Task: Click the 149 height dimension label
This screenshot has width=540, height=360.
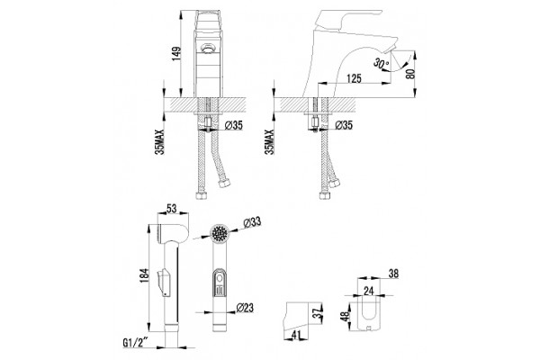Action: point(176,54)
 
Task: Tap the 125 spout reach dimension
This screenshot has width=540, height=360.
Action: point(354,78)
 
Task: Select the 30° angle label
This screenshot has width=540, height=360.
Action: point(382,63)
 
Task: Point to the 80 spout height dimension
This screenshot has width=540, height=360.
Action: point(410,74)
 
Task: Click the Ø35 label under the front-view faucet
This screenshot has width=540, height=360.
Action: point(234,126)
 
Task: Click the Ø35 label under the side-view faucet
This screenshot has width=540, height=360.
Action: point(344,125)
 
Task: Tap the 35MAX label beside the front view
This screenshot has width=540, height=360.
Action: point(159,141)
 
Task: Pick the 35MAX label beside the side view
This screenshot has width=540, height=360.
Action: point(270,141)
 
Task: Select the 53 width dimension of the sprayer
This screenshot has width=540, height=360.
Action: point(172,208)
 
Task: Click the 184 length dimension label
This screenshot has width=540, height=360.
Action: point(144,275)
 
